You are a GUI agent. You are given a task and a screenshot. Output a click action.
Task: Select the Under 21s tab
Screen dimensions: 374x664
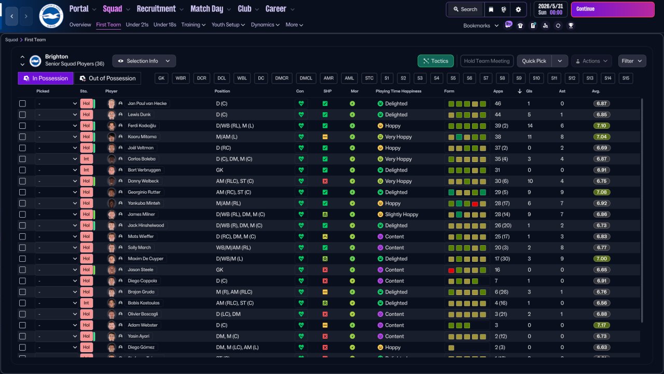click(x=137, y=24)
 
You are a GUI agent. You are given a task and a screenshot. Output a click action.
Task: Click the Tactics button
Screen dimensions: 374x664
click(x=435, y=61)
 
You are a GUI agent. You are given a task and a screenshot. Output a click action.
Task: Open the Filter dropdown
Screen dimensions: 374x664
click(x=632, y=61)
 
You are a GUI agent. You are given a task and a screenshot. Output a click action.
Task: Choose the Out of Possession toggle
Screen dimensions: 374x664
click(x=107, y=78)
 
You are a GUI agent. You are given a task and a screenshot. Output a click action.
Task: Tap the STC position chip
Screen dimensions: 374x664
click(x=369, y=78)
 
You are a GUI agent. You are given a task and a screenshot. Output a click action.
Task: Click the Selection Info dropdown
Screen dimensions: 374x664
click(x=144, y=61)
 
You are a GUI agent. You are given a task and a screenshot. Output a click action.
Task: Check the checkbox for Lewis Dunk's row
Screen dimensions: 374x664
click(x=22, y=115)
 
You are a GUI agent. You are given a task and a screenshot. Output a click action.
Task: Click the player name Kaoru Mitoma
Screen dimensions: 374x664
click(x=142, y=137)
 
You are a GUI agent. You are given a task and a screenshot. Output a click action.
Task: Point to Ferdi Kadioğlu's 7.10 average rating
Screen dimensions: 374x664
click(x=602, y=126)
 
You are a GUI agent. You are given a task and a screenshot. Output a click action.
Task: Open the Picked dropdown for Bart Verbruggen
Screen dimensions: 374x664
click(x=57, y=170)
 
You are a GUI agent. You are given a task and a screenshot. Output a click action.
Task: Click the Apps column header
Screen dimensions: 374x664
click(x=498, y=91)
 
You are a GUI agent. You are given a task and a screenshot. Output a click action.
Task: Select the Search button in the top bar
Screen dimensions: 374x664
click(x=464, y=9)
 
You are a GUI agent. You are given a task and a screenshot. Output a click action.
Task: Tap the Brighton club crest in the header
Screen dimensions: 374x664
click(x=51, y=16)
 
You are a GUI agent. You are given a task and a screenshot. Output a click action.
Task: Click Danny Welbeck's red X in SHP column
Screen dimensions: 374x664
click(x=325, y=181)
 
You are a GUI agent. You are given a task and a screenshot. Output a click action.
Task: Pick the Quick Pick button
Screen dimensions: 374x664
click(x=534, y=61)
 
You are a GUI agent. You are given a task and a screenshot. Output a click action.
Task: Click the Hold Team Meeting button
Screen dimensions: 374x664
click(x=487, y=61)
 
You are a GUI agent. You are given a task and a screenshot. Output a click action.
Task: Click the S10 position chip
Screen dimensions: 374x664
click(x=536, y=78)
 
